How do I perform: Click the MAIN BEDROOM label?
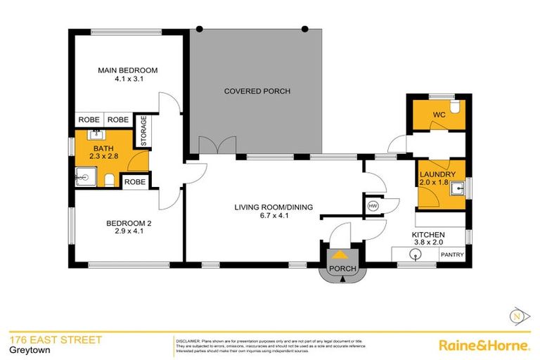[127, 70]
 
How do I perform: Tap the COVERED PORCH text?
[257, 91]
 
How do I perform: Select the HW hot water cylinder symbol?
[373, 205]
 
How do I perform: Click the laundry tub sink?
[457, 188]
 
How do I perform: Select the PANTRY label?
[451, 255]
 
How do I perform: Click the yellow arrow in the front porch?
[340, 255]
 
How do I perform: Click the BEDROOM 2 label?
[129, 224]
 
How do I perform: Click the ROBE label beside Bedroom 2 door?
[134, 182]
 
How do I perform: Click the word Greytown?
[25, 351]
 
